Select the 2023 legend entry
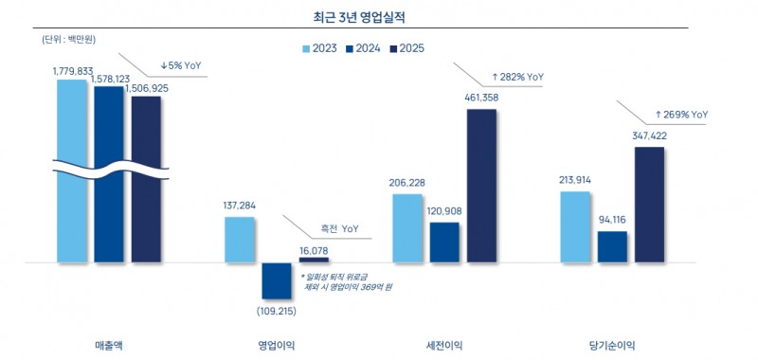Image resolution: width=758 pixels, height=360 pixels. (324, 47)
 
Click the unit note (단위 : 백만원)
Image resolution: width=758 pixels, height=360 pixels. (69, 40)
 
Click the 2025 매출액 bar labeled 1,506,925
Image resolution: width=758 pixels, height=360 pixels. (146, 180)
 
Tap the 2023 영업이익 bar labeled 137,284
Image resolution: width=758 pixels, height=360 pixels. (240, 239)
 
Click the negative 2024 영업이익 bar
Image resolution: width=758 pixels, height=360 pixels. (277, 280)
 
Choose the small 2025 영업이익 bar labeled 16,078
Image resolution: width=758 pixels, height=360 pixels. (314, 259)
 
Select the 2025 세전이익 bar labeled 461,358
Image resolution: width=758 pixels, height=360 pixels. (481, 185)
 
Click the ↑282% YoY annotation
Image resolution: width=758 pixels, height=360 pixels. (517, 76)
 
